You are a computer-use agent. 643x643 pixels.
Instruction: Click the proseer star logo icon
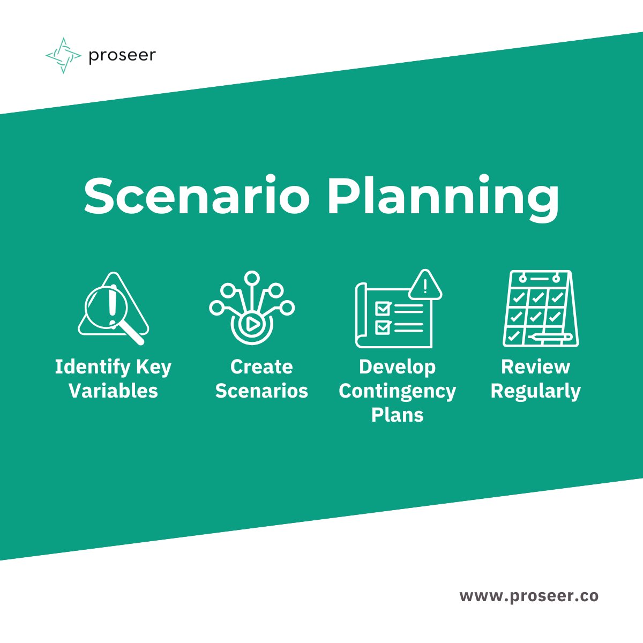point(63,55)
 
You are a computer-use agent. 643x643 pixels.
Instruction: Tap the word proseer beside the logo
point(122,55)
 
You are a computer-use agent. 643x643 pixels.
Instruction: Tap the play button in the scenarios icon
point(251,324)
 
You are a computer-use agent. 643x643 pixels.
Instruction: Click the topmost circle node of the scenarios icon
point(251,278)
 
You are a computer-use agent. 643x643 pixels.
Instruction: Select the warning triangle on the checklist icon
point(425,285)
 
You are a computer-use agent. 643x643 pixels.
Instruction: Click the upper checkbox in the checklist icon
point(383,309)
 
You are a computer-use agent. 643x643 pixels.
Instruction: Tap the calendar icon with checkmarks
point(540,309)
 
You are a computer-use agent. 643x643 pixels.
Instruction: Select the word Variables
point(113,391)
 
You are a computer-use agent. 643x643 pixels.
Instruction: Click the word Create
point(261,367)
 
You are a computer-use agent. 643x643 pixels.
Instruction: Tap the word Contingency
point(397,391)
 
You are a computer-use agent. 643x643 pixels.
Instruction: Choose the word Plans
point(397,415)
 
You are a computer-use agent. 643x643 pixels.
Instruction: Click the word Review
point(535,367)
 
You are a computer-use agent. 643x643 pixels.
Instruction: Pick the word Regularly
point(535,391)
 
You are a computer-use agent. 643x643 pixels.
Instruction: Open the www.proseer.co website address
point(529,596)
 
